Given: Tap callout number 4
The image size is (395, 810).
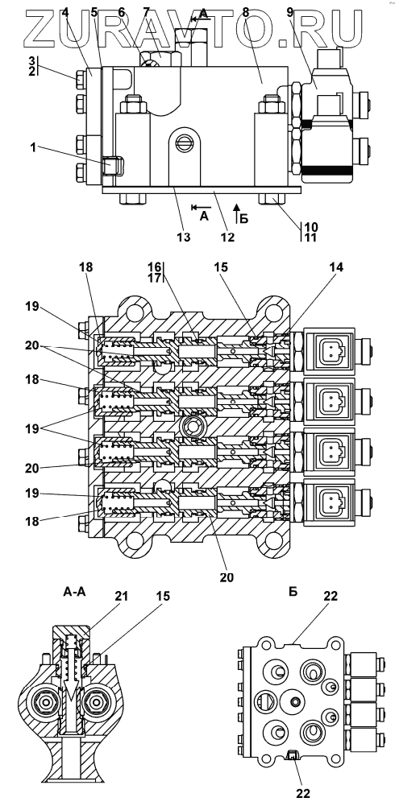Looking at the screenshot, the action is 65,12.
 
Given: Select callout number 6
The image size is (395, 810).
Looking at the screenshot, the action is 121,12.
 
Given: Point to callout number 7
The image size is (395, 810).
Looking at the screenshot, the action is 147,12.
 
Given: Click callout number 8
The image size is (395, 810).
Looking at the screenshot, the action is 246,12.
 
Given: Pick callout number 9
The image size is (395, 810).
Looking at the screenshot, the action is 290,12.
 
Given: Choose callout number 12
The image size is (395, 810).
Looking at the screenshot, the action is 228,237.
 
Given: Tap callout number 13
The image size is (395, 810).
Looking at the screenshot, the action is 184,237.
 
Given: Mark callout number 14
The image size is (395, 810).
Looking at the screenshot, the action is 336,267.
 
